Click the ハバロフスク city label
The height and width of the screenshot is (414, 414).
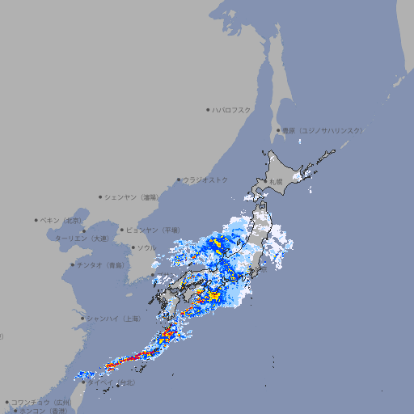(232, 109)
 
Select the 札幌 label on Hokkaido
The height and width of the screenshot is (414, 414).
(277, 182)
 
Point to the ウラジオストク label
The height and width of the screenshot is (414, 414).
(205, 180)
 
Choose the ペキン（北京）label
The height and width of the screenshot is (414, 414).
(62, 220)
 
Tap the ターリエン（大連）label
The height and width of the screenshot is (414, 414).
(82, 239)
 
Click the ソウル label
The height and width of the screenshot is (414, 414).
(146, 247)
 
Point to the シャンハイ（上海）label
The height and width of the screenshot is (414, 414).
(112, 319)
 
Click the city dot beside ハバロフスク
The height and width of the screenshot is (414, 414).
(208, 109)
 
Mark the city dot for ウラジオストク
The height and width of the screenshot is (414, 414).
(179, 180)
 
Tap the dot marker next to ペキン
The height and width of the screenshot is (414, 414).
(36, 220)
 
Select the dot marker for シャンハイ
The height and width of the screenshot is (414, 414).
(82, 319)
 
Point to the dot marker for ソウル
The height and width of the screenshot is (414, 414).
(132, 247)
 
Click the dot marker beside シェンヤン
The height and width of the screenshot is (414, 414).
(100, 196)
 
